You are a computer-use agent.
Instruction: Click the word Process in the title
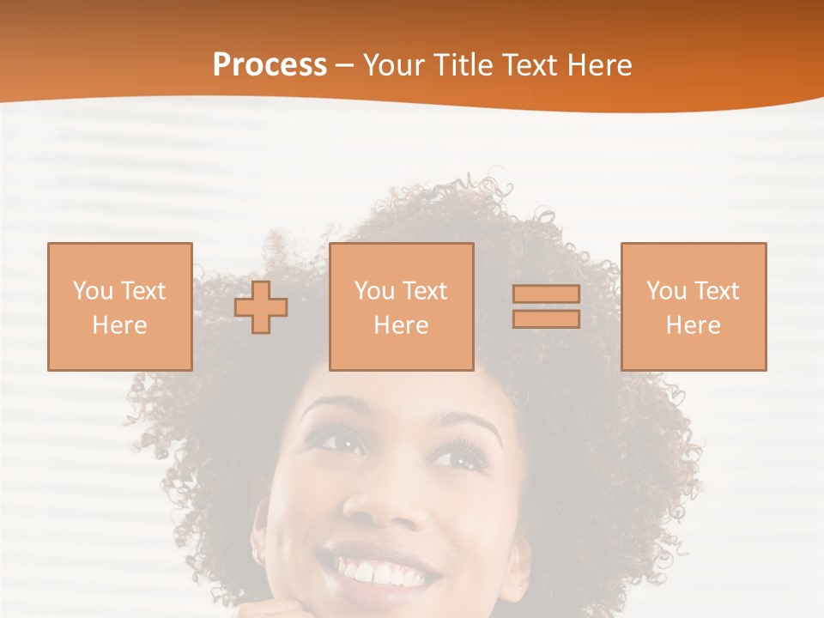click(270, 65)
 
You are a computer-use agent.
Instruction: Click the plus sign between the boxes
click(261, 307)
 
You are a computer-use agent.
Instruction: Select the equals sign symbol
click(546, 306)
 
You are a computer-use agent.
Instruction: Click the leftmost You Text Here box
click(120, 306)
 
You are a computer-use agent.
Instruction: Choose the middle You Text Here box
click(401, 306)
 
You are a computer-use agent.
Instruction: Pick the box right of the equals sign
click(693, 306)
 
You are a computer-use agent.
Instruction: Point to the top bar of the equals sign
click(546, 294)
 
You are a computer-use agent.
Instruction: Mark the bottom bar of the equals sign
click(546, 318)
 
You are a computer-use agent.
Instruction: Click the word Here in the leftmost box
click(120, 324)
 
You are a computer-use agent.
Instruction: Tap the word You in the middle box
click(374, 291)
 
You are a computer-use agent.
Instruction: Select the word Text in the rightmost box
click(716, 291)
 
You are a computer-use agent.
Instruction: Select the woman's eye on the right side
click(459, 454)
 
